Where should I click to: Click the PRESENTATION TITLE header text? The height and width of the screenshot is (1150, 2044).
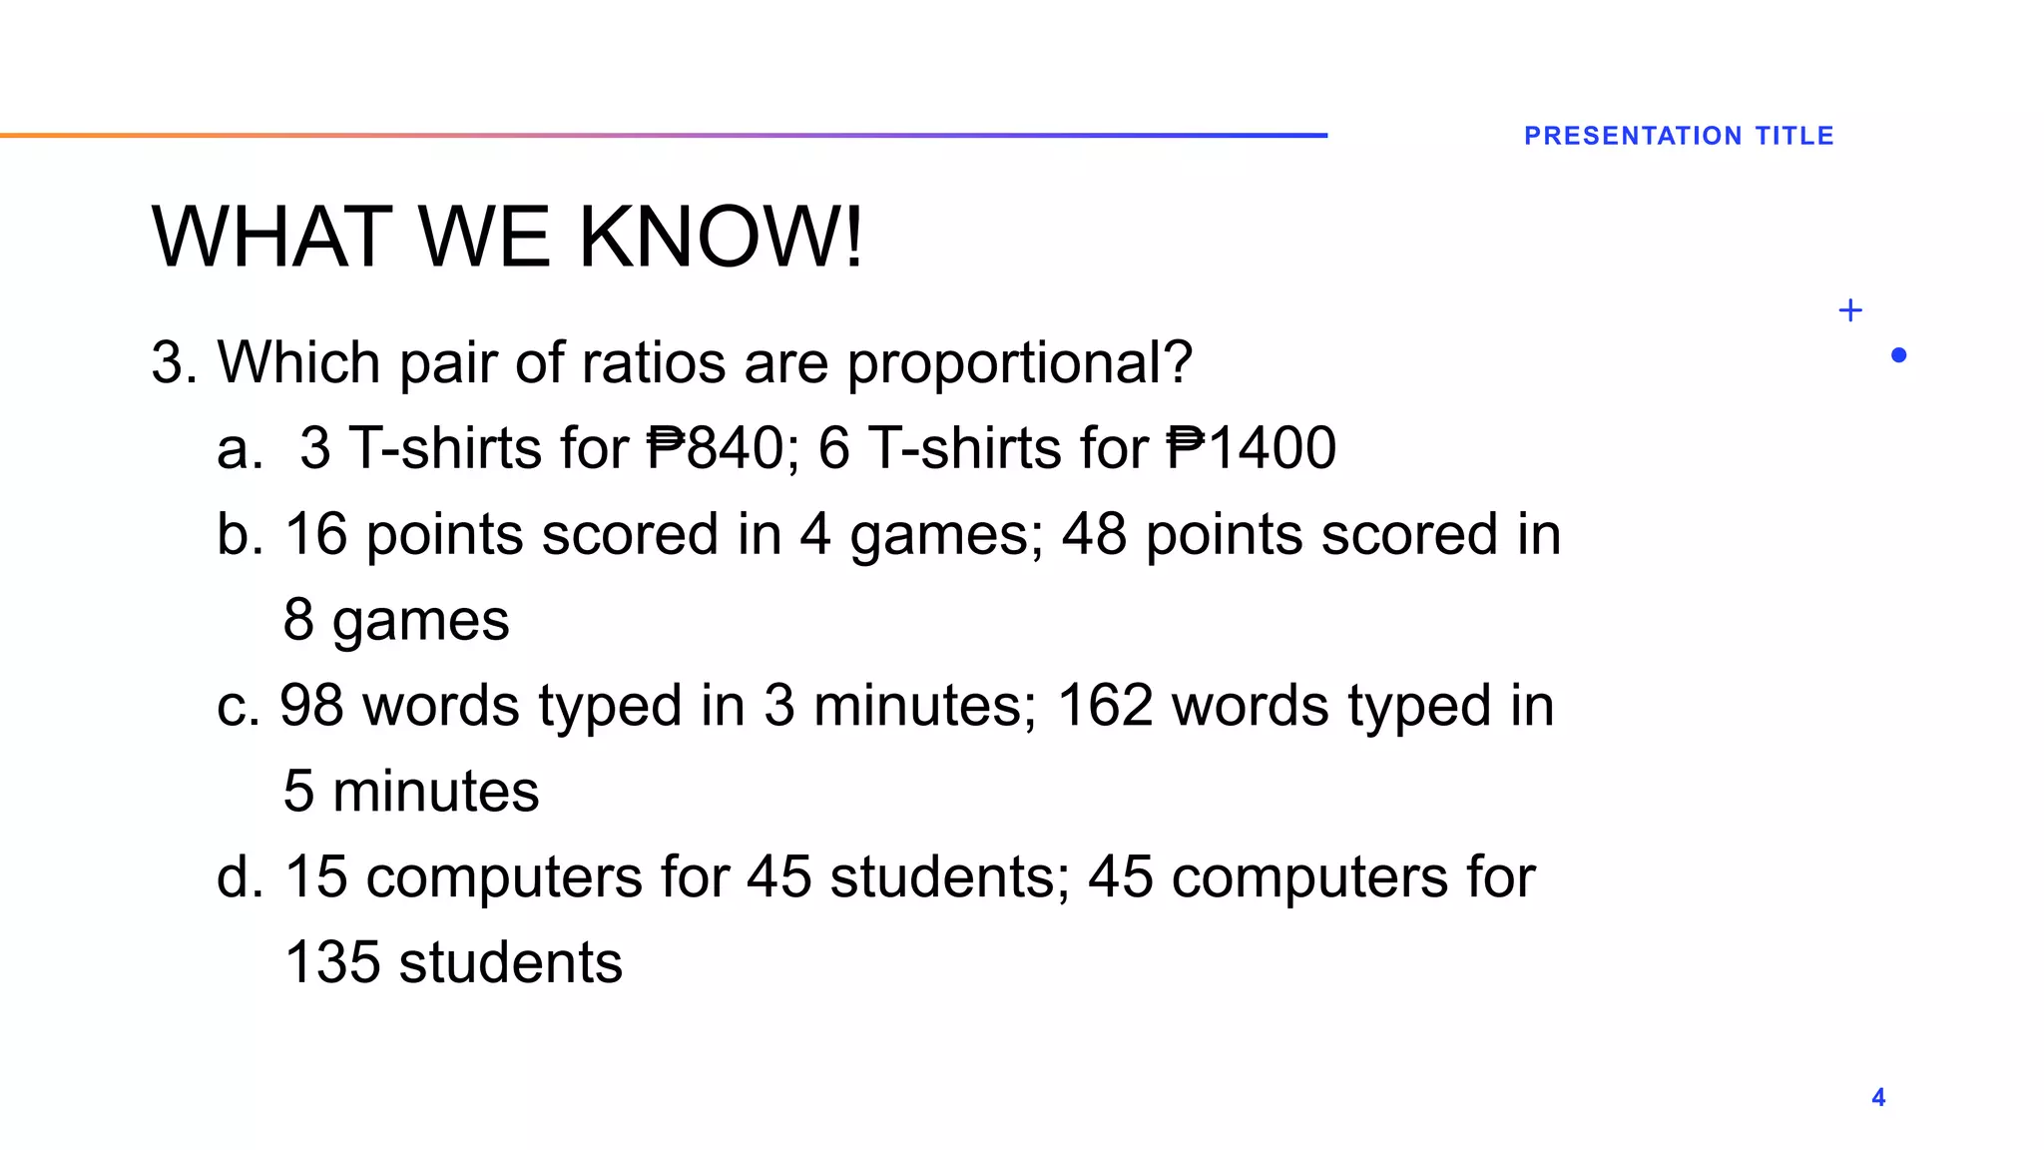click(1679, 136)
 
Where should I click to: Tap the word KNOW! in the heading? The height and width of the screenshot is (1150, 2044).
click(721, 238)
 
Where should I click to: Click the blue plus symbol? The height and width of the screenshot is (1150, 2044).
click(1849, 310)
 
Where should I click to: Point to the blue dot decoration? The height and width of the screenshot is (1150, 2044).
click(1898, 355)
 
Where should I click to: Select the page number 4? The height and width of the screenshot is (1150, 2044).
click(1878, 1097)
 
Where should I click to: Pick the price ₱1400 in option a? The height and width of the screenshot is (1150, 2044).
click(1252, 448)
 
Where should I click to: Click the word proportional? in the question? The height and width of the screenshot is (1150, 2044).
click(1019, 362)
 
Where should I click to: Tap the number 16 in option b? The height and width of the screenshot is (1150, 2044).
click(315, 534)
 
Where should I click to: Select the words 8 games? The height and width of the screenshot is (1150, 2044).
click(396, 620)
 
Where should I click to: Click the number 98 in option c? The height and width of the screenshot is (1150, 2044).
click(311, 706)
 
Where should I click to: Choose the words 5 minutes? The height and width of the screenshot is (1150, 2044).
click(411, 792)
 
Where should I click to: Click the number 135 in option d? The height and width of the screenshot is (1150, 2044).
click(332, 963)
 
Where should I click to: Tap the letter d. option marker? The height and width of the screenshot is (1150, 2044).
click(241, 877)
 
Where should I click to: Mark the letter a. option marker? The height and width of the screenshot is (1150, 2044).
click(240, 448)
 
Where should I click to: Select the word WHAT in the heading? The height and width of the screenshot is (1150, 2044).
click(271, 238)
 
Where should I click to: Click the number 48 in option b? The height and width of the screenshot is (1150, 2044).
click(1094, 534)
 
